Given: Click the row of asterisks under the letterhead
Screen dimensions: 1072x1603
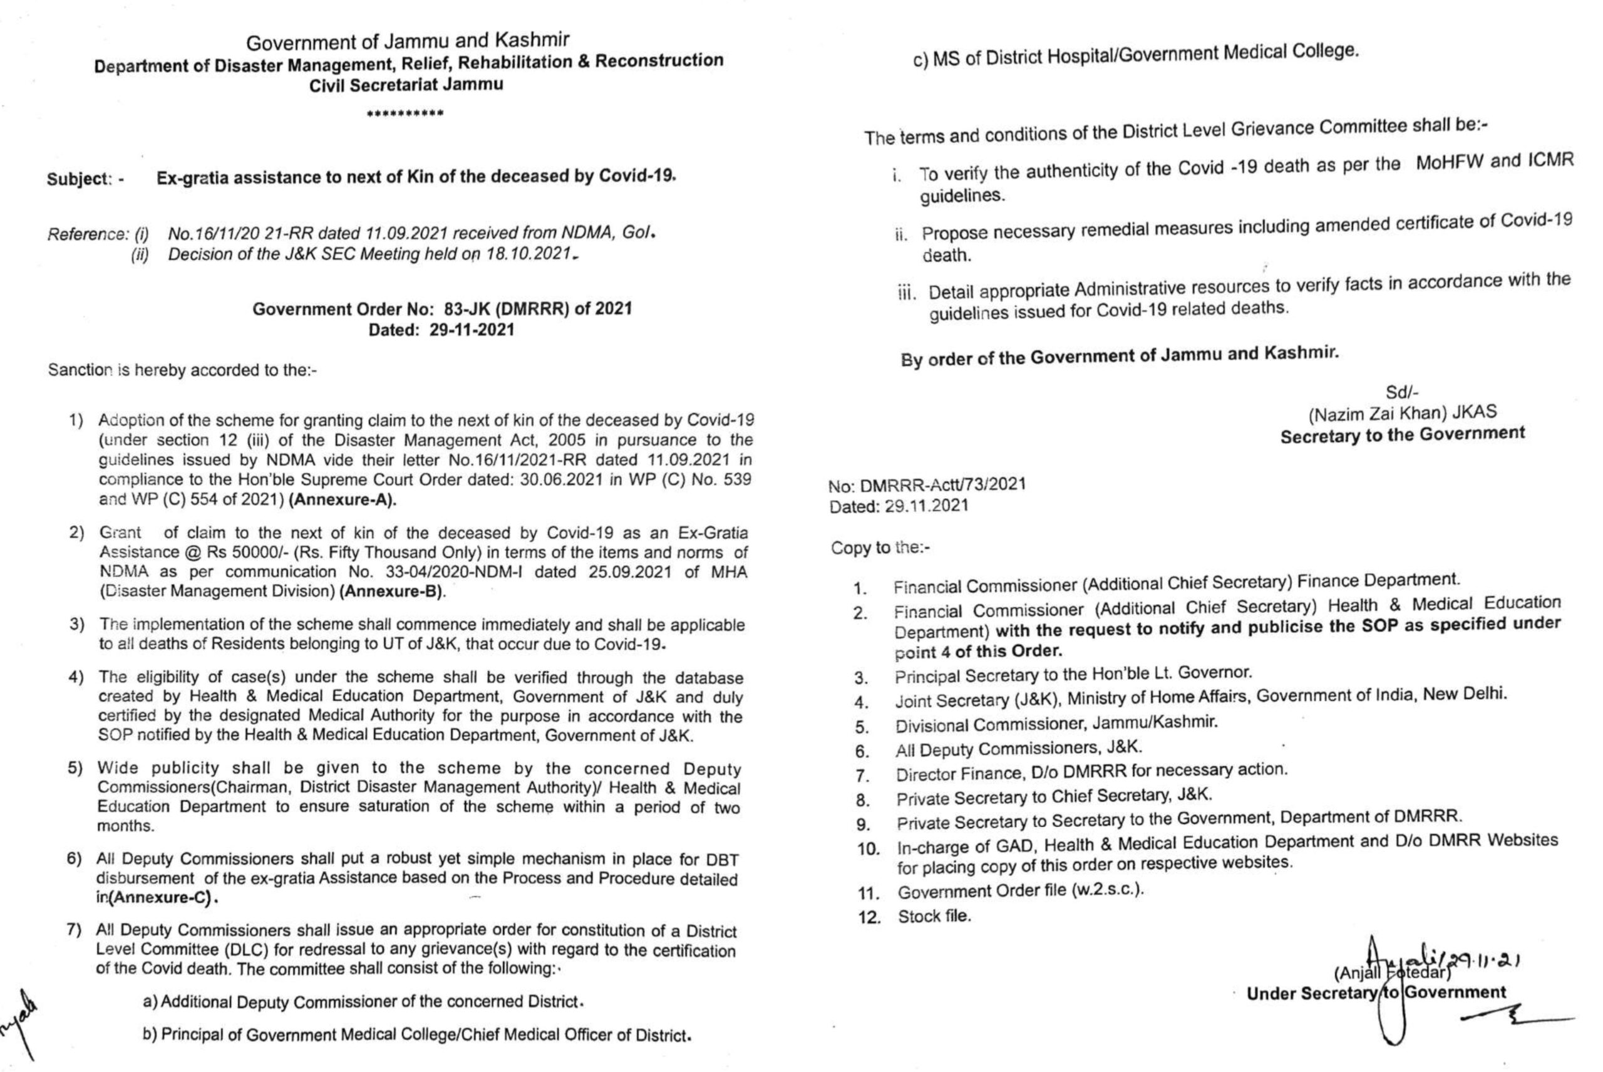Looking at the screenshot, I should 405,113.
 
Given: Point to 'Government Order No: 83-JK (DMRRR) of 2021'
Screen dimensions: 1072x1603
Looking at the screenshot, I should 442,309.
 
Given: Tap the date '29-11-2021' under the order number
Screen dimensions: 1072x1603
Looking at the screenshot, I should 472,330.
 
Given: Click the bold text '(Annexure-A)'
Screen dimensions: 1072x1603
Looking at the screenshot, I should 343,500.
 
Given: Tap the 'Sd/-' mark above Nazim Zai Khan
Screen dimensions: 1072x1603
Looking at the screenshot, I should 1402,392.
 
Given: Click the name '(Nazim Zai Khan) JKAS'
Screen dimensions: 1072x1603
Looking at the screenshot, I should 1402,413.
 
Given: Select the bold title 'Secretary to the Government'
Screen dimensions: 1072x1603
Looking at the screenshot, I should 1402,435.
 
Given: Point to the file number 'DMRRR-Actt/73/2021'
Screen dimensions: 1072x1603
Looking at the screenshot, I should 943,485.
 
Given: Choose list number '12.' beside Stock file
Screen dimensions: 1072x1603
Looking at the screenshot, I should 870,917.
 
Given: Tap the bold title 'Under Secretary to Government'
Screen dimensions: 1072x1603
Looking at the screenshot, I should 1376,992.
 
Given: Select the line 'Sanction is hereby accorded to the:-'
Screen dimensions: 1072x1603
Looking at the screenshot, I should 182,370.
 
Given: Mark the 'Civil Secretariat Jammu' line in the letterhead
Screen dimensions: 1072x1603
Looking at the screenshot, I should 406,85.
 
